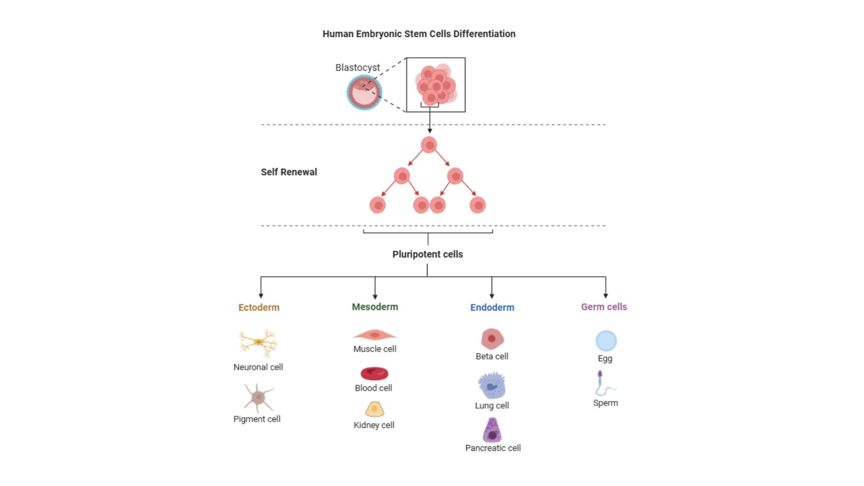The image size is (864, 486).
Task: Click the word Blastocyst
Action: [x=357, y=67]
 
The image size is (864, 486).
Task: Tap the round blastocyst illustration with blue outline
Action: [x=364, y=93]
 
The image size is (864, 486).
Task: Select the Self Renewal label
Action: [x=289, y=172]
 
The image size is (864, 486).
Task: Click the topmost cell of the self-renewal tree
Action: [x=429, y=145]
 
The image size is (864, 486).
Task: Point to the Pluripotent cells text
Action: [x=427, y=254]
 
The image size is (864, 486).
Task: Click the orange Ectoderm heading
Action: [x=259, y=307]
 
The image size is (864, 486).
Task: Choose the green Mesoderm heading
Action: [x=375, y=307]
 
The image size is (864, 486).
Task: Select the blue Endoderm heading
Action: [x=492, y=307]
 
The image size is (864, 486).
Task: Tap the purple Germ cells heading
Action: [x=604, y=307]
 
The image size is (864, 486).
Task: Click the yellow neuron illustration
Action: [x=258, y=342]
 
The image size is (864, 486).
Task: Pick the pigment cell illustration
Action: [x=258, y=397]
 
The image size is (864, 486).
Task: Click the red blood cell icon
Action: [x=374, y=373]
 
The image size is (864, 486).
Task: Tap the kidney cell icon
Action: [x=374, y=409]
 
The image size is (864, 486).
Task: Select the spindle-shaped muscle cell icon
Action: [x=375, y=335]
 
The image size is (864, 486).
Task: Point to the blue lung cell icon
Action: [x=492, y=386]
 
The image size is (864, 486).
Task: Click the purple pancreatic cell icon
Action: [x=492, y=431]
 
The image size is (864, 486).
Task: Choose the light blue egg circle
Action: [x=606, y=341]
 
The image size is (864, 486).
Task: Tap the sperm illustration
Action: [x=603, y=384]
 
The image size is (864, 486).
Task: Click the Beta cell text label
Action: [x=492, y=356]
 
